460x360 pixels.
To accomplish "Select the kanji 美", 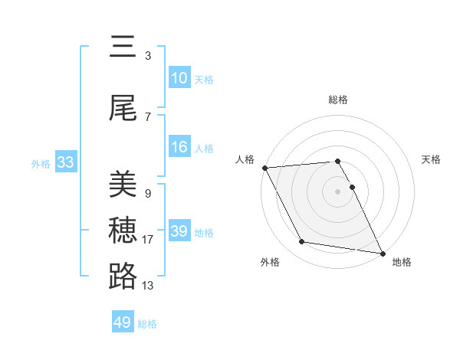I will point(123,185).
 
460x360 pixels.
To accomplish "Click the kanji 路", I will point(123,276).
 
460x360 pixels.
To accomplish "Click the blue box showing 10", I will point(179,78).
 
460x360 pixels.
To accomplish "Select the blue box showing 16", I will point(179,147).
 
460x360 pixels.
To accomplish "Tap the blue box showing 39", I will point(179,231).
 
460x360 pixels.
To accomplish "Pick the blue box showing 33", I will point(65,162).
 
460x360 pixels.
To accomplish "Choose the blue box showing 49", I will point(123,322).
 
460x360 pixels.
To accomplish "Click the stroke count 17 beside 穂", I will point(148,240).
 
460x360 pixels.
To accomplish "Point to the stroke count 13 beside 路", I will point(148,286).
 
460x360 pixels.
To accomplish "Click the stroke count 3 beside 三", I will point(148,56).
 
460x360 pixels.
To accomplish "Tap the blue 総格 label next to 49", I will point(147,324).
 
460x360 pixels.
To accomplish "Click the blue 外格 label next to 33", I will point(41,163).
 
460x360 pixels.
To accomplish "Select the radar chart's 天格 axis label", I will point(432,159).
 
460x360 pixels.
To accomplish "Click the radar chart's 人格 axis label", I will point(245,159).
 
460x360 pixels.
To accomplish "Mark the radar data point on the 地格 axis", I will point(382,253).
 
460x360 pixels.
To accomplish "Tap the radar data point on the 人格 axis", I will point(264,168).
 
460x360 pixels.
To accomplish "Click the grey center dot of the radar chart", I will point(337,191).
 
